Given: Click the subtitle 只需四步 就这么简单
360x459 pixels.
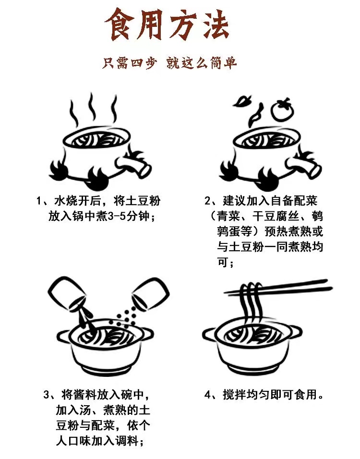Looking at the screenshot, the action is click(169, 62).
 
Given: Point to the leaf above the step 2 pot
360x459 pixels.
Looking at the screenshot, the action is click(242, 101).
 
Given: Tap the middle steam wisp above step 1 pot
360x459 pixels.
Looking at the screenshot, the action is click(93, 108).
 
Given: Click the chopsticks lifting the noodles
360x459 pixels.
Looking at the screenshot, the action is click(278, 287).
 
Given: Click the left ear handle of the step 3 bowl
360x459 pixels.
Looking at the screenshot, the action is click(64, 335).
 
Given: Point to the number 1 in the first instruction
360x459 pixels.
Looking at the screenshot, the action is click(38, 201).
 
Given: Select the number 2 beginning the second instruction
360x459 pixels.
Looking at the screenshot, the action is click(207, 201).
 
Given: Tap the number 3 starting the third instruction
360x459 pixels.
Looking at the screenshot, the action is click(47, 395).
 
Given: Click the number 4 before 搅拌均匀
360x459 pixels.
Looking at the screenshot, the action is click(207, 395).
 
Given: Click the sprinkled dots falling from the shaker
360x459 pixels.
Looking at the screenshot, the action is click(124, 315).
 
